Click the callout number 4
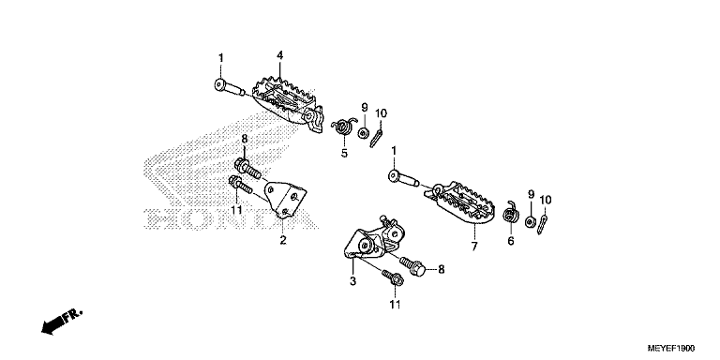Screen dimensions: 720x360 (279, 56)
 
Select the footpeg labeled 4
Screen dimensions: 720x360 (287, 104)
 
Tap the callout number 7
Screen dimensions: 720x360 (474, 247)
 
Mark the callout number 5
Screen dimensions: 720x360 (344, 154)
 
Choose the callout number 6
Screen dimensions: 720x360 (511, 240)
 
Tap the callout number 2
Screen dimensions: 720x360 (283, 240)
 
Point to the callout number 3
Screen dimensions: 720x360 (352, 281)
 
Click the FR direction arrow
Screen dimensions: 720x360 (61, 321)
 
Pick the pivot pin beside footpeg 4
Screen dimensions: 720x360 (230, 87)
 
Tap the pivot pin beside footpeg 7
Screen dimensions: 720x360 (404, 178)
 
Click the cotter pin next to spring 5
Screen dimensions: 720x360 (376, 138)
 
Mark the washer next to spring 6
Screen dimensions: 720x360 (531, 221)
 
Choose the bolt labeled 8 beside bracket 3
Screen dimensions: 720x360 (412, 266)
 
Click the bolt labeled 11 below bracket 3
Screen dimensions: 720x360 (393, 277)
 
